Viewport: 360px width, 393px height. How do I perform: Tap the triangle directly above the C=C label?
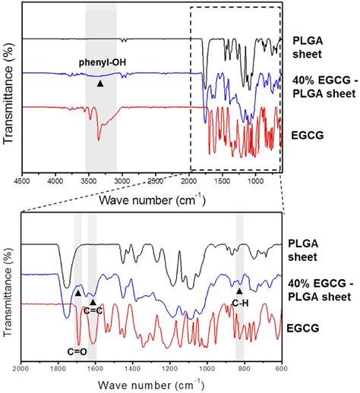pyautogui.click(x=93, y=301)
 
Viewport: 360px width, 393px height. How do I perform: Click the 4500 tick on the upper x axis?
pyautogui.click(x=22, y=181)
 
